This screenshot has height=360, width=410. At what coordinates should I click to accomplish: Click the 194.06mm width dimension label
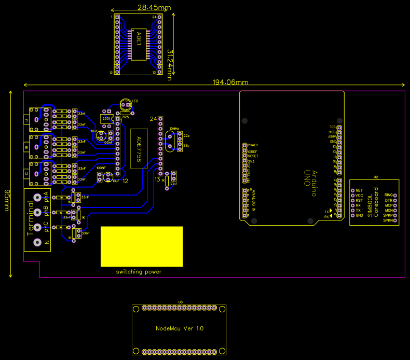click(230, 82)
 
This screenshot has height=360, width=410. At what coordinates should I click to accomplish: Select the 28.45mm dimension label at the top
click(154, 8)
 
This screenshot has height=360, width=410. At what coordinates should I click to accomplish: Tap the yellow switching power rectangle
click(141, 246)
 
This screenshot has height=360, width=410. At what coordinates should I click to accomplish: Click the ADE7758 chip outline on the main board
click(139, 151)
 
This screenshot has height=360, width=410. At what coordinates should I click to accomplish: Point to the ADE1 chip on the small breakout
click(138, 44)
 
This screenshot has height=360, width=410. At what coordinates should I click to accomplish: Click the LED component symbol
click(125, 104)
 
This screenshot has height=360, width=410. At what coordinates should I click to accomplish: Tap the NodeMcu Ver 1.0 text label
click(180, 328)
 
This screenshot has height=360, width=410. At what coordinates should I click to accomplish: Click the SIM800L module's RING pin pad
click(395, 195)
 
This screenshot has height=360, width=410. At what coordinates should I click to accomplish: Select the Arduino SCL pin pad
click(340, 127)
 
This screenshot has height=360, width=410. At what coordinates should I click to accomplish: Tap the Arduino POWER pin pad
click(245, 145)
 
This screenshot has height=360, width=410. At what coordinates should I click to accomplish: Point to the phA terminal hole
click(38, 198)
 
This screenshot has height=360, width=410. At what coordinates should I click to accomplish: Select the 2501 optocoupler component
click(106, 119)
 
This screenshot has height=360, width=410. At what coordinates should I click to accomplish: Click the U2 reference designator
click(375, 177)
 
